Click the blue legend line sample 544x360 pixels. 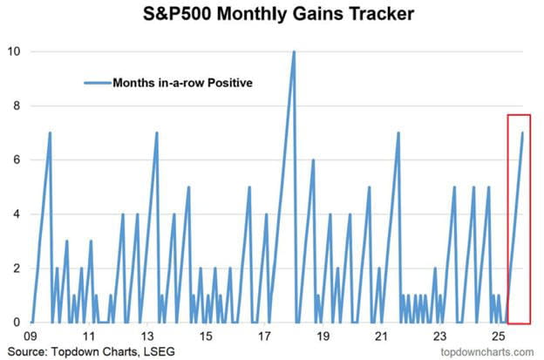tap(97, 84)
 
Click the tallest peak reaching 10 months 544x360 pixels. tap(294, 51)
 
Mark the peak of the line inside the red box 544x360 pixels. tap(522, 132)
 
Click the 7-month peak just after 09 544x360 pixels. tap(50, 132)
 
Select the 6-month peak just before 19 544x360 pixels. tap(313, 160)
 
